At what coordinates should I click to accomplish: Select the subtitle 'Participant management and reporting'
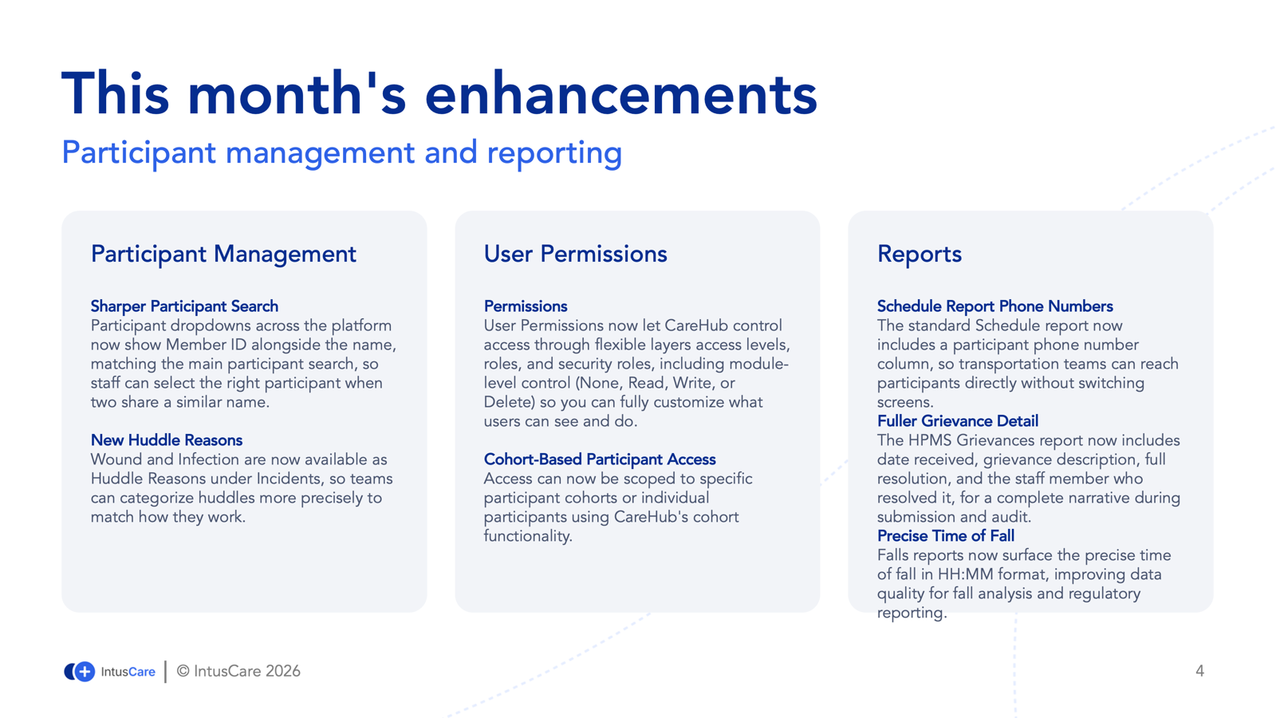(342, 152)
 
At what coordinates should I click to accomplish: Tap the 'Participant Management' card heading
(223, 254)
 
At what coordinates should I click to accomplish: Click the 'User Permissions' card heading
(575, 254)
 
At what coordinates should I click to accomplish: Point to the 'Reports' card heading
(920, 254)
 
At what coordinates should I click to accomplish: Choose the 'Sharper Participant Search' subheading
(184, 306)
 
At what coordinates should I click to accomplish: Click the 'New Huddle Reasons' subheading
(167, 440)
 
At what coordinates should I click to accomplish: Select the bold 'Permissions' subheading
(526, 306)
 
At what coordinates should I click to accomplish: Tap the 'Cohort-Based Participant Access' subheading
(600, 460)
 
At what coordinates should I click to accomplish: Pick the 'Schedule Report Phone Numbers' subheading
(995, 306)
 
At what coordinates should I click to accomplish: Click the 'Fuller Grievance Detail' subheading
(958, 421)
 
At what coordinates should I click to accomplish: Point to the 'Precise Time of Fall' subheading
(946, 535)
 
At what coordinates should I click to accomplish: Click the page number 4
(1199, 671)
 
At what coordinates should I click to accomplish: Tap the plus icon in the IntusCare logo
(85, 671)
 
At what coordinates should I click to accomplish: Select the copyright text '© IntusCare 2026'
(238, 671)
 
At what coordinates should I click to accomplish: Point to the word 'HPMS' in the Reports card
(930, 440)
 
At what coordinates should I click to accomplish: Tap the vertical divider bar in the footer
(166, 671)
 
